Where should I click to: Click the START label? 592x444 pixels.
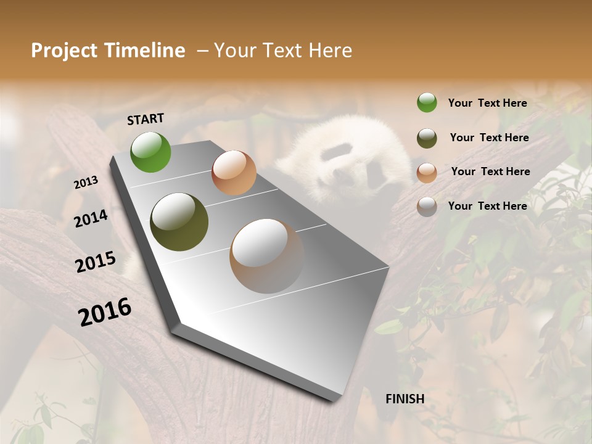[x=146, y=119]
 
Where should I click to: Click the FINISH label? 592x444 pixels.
[x=405, y=399]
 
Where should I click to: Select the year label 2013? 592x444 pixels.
[x=86, y=183]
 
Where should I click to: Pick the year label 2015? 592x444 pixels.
[x=96, y=262]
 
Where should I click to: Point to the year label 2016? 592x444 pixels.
[x=105, y=311]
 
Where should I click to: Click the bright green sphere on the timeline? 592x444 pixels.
[x=150, y=152]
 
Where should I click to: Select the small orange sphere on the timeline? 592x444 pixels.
[x=234, y=173]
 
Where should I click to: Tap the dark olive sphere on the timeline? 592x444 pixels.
[x=179, y=222]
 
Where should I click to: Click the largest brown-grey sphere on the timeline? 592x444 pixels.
[x=267, y=256]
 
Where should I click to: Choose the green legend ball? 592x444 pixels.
[x=427, y=103]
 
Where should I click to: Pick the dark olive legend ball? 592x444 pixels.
[x=427, y=138]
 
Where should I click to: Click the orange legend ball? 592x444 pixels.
[x=427, y=173]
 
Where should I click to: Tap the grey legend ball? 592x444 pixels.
[x=427, y=207]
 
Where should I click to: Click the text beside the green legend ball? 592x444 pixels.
[x=487, y=103]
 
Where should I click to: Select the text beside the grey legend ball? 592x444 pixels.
[x=487, y=206]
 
